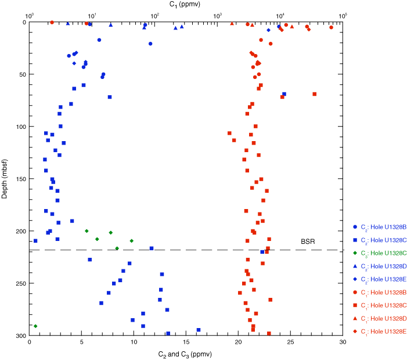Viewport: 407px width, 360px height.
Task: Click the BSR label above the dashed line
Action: [x=308, y=241]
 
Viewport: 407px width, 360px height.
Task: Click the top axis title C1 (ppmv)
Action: [x=186, y=4]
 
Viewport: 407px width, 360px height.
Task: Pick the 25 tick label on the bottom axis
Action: [x=291, y=343]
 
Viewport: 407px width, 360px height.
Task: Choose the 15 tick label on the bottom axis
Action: [x=186, y=343]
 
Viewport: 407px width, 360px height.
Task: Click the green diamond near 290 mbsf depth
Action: [x=35, y=326]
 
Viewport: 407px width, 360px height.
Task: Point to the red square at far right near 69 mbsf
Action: [x=315, y=94]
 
